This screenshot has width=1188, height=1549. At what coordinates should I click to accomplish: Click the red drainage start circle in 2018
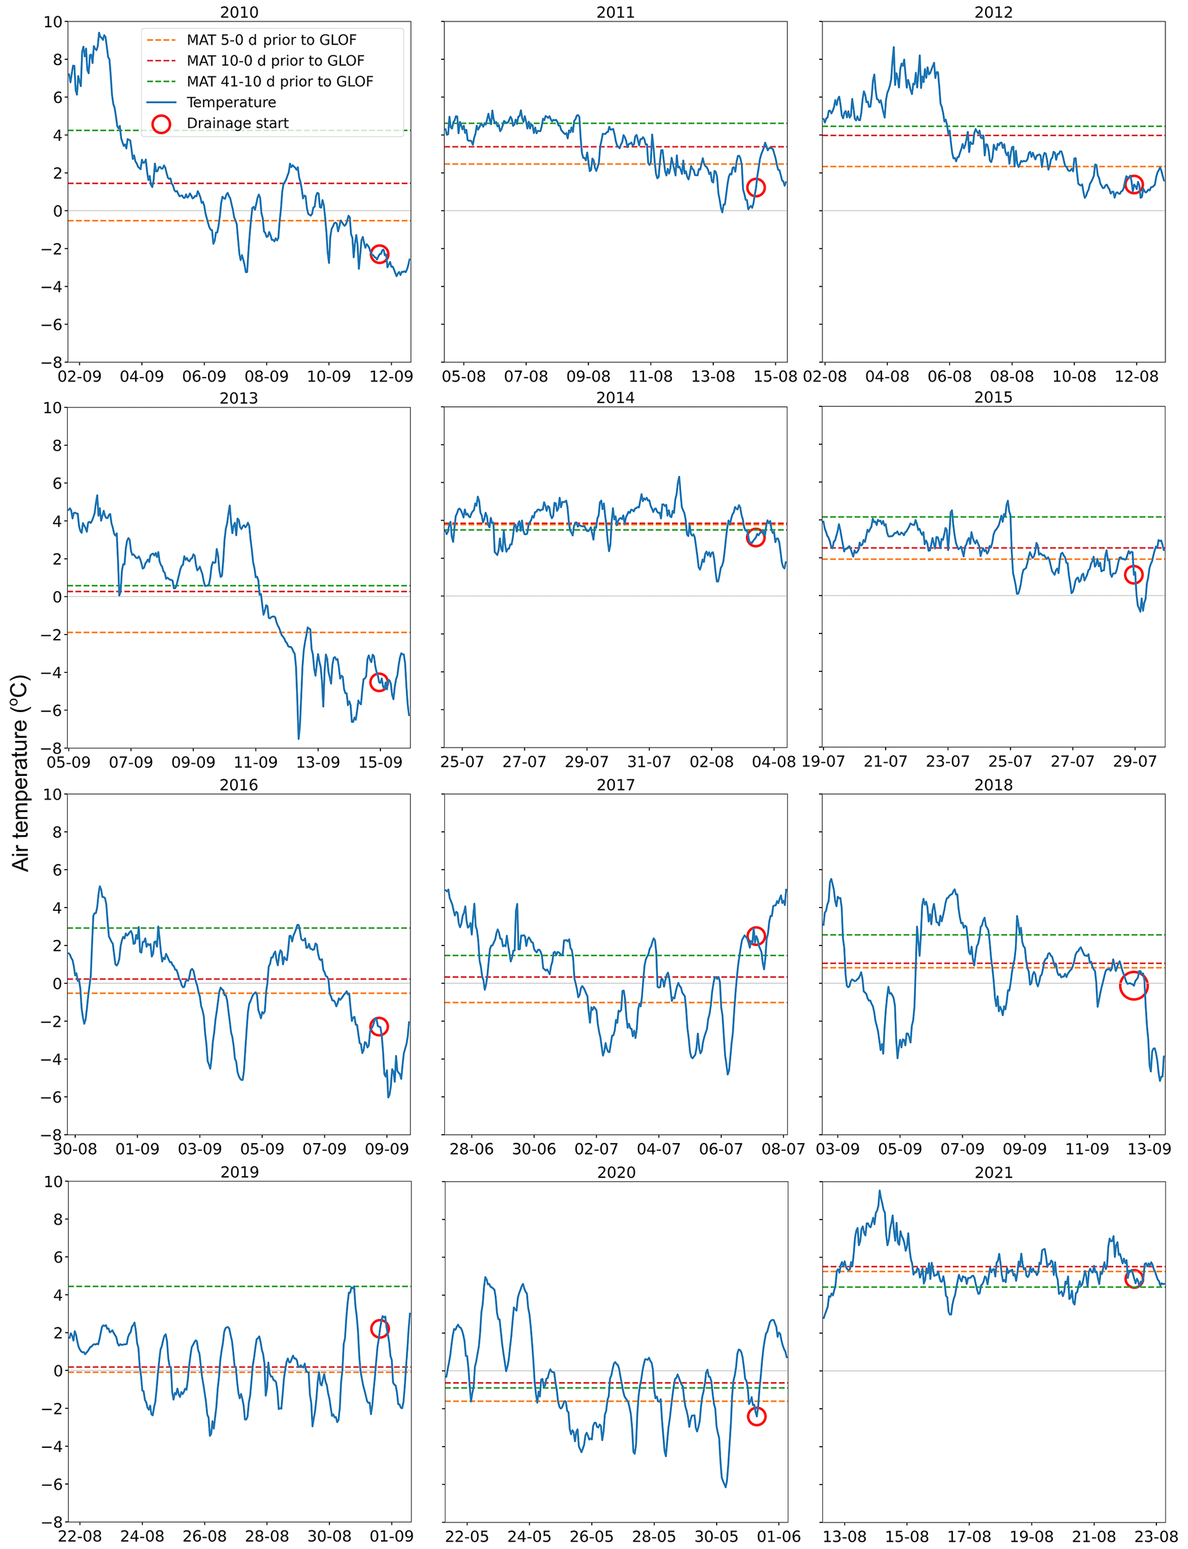point(1133,986)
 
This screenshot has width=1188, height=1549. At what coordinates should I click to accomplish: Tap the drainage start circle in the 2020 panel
point(756,1416)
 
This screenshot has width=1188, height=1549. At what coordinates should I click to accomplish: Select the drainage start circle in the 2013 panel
point(378,682)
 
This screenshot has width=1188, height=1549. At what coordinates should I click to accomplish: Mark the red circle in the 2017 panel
point(755,936)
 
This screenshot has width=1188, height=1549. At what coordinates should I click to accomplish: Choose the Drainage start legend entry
point(237,124)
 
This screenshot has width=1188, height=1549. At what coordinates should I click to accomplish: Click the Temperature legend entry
point(230,102)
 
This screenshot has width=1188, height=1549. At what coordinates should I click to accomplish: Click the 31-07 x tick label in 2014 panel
point(648,762)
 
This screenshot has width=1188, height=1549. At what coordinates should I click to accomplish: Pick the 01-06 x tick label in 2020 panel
point(779,1536)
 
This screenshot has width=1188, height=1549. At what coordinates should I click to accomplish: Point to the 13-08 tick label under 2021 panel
point(844,1536)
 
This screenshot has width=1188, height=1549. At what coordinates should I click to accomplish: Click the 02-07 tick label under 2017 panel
point(595,1149)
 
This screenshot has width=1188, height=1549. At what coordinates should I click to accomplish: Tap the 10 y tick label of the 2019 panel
point(53,1181)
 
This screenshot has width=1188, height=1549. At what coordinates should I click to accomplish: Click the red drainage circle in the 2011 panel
point(755,187)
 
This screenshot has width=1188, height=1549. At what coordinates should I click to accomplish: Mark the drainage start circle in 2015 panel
point(1133,575)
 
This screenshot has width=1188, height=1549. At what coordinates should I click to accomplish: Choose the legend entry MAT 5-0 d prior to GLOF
point(271,40)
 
